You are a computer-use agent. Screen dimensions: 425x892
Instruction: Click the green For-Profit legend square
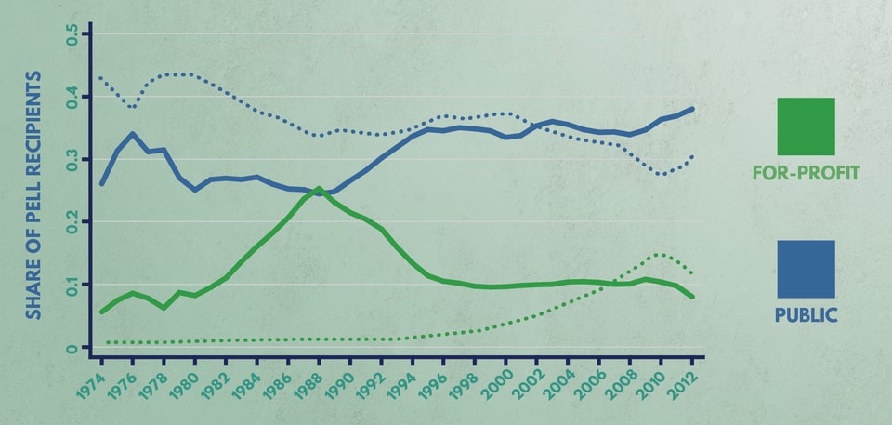pos(806,126)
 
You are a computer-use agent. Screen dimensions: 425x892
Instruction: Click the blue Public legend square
pos(806,269)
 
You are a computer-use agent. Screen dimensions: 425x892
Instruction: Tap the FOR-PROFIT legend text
pos(806,173)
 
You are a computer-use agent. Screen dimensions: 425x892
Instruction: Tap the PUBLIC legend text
pos(806,316)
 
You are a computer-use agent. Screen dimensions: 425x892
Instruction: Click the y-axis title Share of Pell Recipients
pos(33,195)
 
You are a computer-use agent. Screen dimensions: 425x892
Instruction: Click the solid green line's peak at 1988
pos(319,189)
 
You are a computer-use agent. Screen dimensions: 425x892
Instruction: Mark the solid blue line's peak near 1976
pos(133,134)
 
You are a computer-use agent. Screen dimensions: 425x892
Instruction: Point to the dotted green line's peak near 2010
pos(659,254)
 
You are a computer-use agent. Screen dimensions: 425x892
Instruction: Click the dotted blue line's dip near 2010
pos(661,174)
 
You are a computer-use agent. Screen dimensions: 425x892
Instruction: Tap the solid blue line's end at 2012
pos(692,109)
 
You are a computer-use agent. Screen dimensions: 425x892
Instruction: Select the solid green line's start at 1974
pos(101,312)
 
